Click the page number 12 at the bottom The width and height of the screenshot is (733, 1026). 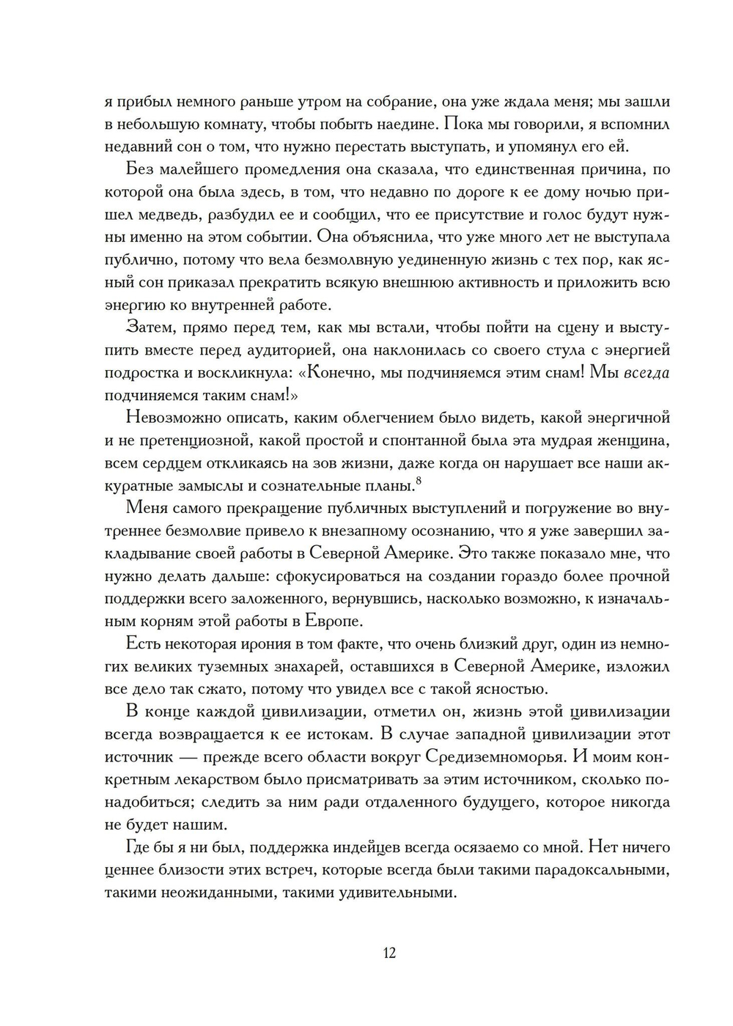click(388, 953)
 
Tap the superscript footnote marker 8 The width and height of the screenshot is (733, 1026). click(419, 481)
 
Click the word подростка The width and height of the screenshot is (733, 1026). click(141, 372)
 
